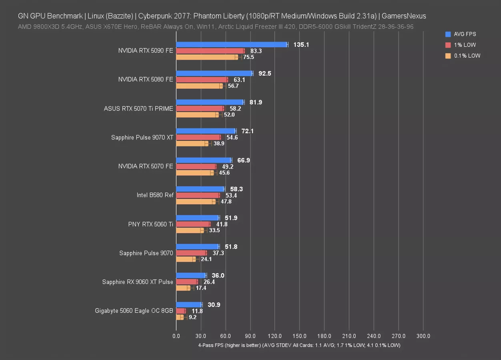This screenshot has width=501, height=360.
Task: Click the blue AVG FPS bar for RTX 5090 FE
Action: [x=231, y=44]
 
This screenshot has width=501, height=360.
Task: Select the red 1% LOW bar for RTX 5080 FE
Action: [x=202, y=80]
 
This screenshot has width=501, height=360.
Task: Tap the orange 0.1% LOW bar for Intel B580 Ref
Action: [x=196, y=202]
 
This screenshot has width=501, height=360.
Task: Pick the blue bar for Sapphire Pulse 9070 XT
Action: [x=206, y=131]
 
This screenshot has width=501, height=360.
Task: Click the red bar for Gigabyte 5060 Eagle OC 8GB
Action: [x=180, y=311]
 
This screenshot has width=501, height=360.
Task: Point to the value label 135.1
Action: [x=301, y=44]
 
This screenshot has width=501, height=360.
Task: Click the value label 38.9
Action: [x=219, y=144]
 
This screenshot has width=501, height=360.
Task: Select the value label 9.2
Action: [x=192, y=317]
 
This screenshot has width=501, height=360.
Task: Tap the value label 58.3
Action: [x=236, y=189]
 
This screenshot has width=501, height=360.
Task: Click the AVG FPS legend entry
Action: [x=464, y=34]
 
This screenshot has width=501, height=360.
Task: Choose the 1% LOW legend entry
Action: [x=464, y=45]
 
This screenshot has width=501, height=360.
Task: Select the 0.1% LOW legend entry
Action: [x=466, y=56]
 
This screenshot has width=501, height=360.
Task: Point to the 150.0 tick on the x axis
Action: [x=299, y=336]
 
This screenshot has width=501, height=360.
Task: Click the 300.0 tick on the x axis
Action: [x=423, y=336]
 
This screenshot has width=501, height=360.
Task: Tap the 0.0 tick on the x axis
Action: [x=176, y=336]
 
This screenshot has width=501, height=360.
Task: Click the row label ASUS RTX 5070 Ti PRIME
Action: [x=138, y=108]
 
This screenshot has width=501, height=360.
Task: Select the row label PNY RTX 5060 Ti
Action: [x=150, y=224]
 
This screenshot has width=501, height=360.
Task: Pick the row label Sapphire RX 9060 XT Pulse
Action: [x=138, y=282]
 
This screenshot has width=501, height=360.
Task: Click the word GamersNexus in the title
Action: [x=404, y=16]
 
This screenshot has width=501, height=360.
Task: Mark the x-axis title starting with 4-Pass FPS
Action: [x=299, y=345]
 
